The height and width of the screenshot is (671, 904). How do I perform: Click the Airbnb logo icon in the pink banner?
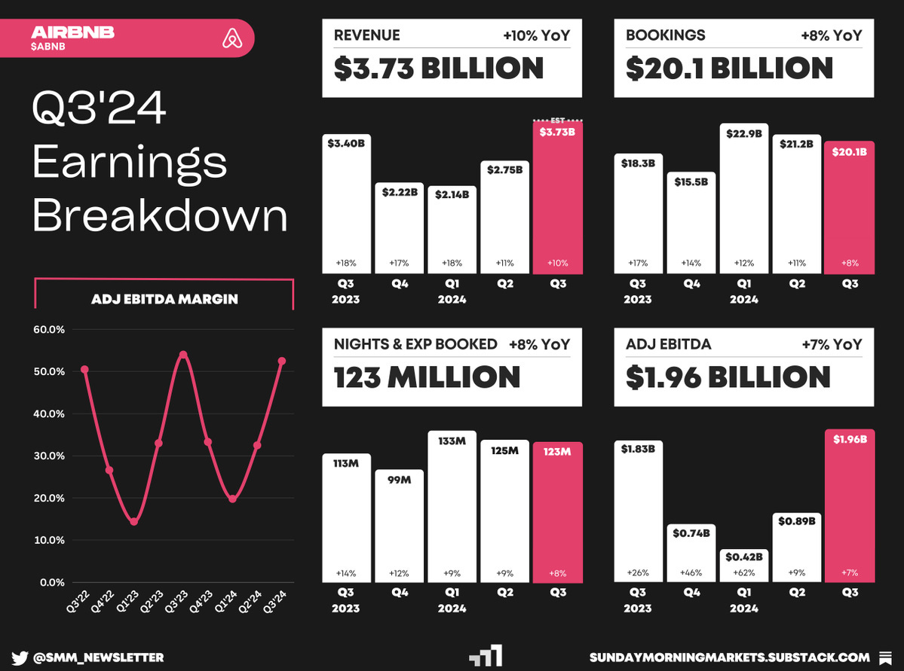click(x=231, y=38)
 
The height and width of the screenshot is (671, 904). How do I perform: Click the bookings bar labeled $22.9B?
click(x=743, y=199)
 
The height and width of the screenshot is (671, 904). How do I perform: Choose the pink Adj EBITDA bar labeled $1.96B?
click(x=850, y=505)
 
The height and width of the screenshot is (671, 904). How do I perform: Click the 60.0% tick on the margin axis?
click(x=50, y=330)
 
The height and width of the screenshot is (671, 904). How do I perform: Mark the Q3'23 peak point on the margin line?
click(x=183, y=355)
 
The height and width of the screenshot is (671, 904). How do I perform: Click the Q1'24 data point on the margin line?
click(x=232, y=499)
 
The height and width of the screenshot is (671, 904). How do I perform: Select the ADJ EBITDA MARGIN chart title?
click(x=164, y=299)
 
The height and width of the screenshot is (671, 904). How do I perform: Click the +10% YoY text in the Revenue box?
click(x=536, y=35)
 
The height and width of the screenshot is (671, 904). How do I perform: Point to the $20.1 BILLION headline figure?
click(x=729, y=69)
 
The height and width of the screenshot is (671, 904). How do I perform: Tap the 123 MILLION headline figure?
click(x=427, y=377)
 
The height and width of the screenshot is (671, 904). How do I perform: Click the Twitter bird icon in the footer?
click(x=20, y=657)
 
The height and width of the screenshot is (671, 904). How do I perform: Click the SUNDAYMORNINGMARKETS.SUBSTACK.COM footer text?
click(x=730, y=657)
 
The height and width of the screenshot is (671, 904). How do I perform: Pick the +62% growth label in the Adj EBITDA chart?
click(x=743, y=572)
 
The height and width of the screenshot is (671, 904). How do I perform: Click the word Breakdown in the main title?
click(x=160, y=215)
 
